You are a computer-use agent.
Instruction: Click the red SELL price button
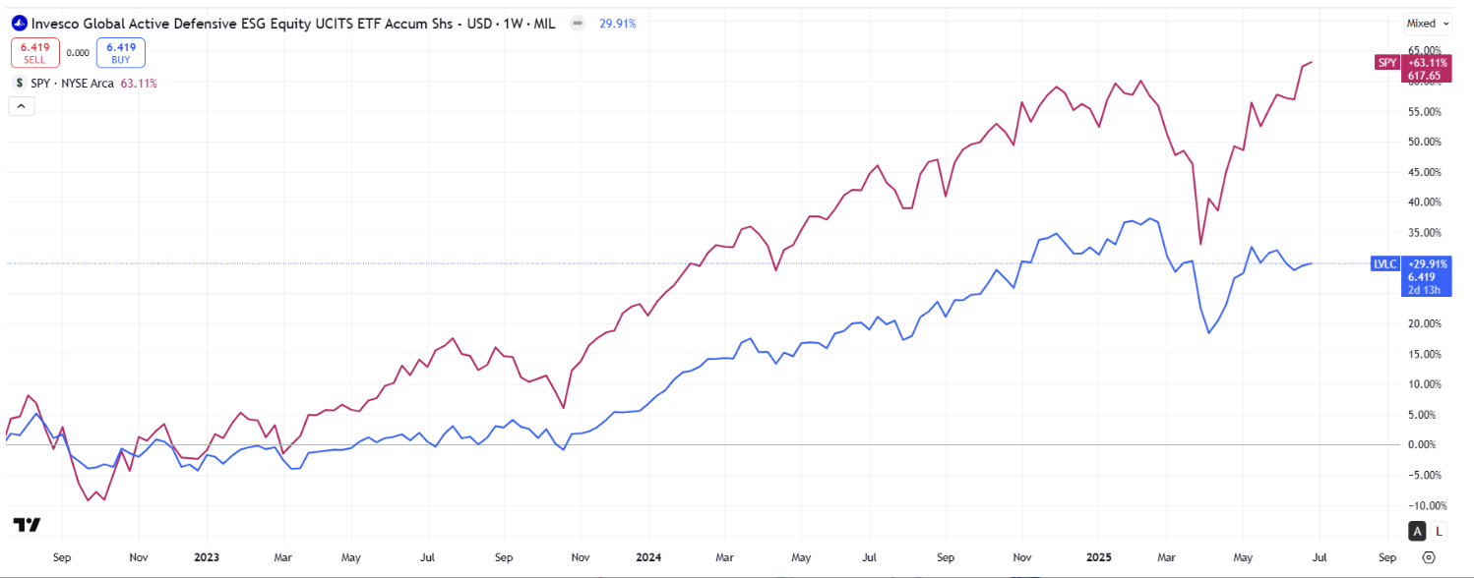coord(34,51)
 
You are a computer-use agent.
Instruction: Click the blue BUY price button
coord(121,51)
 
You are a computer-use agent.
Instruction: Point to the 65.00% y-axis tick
coord(1426,50)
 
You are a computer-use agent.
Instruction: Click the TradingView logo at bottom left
coord(27,524)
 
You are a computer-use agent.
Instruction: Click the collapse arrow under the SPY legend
coord(21,106)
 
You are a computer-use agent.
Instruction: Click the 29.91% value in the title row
coord(617,24)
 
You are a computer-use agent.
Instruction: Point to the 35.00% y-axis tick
coord(1426,233)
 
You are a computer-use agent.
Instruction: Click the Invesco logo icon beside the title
coord(18,24)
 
